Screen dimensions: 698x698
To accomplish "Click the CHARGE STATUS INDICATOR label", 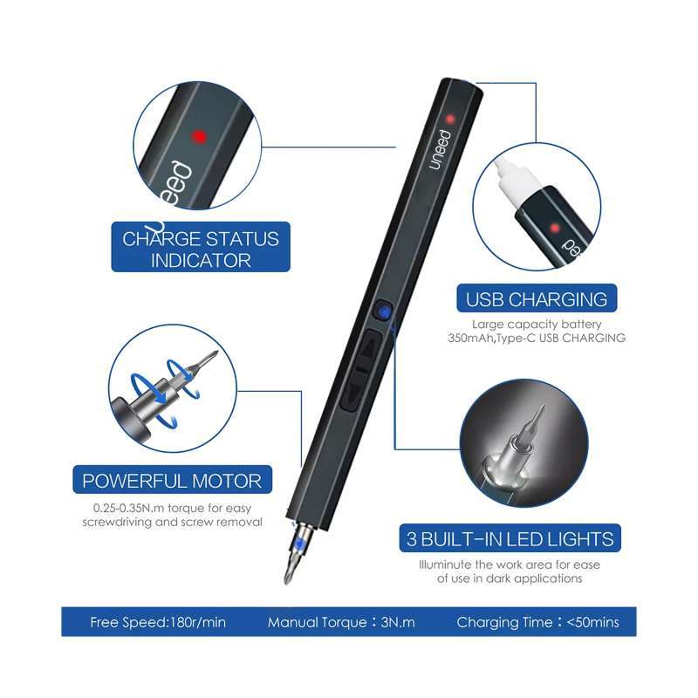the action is [x=201, y=250].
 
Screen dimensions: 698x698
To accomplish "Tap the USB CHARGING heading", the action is [x=537, y=299].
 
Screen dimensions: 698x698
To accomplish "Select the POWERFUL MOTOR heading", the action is [x=172, y=482].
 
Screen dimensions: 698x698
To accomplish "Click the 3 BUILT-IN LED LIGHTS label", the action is [x=510, y=539].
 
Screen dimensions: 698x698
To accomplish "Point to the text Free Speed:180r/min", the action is [x=158, y=622].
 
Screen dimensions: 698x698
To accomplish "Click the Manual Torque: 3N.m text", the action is [x=341, y=622].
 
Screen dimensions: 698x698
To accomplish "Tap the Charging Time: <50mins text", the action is [x=537, y=622].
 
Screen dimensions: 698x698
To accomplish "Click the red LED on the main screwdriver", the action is [x=450, y=119].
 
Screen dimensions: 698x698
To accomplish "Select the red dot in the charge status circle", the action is [x=200, y=137].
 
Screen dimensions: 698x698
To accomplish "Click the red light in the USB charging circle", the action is [x=555, y=229].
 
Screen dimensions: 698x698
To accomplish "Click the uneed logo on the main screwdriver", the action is [x=440, y=149].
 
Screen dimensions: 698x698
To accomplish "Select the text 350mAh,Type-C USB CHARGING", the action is [x=537, y=338].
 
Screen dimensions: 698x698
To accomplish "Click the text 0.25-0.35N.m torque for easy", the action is [x=172, y=508].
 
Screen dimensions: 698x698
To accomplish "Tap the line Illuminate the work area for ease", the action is [x=510, y=565].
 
